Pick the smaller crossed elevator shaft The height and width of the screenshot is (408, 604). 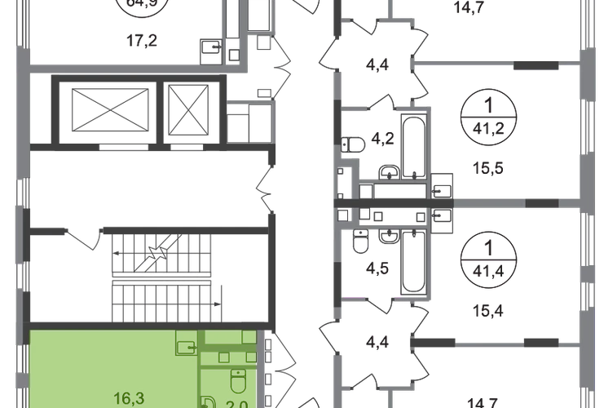[x=189, y=105]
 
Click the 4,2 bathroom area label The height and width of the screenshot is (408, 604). [x=377, y=138]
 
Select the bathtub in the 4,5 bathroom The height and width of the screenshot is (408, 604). [x=412, y=264]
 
